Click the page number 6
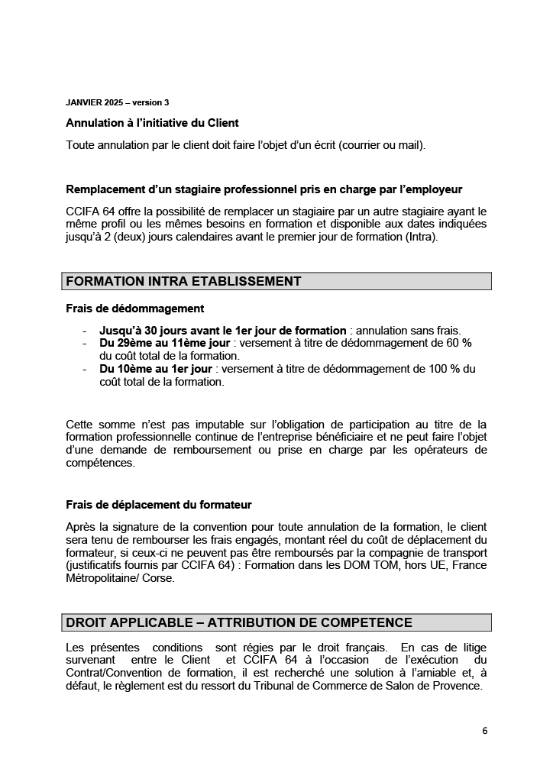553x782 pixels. click(484, 730)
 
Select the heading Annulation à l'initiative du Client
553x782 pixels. click(152, 123)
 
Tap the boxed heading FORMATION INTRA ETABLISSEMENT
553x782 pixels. click(184, 281)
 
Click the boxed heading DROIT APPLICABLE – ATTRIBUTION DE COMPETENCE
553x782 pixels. click(239, 622)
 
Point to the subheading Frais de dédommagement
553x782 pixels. click(134, 309)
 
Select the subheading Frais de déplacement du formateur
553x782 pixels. click(159, 505)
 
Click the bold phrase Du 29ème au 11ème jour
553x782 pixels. click(164, 344)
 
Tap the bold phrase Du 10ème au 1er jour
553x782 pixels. click(157, 369)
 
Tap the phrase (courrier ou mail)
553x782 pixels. click(377, 144)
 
